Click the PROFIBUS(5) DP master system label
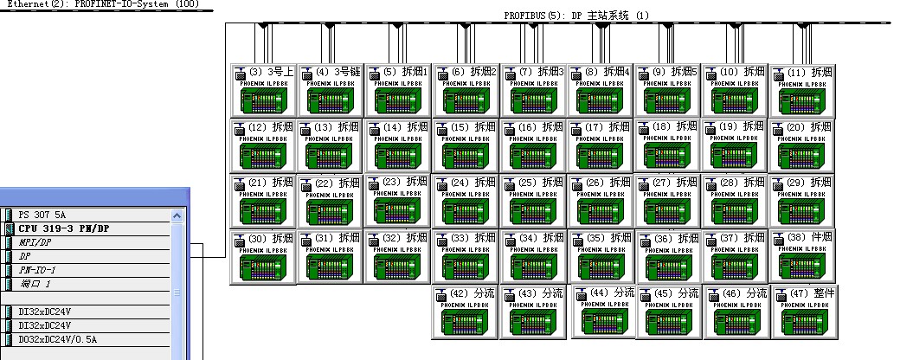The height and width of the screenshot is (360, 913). pyautogui.click(x=575, y=16)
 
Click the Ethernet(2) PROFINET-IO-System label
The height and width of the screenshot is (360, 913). pyautogui.click(x=100, y=4)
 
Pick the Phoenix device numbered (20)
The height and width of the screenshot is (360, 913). pyautogui.click(x=802, y=146)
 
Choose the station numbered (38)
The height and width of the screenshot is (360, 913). pyautogui.click(x=802, y=257)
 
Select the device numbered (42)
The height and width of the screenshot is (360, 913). pyautogui.click(x=465, y=313)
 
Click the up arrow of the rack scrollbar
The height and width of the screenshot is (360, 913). pyautogui.click(x=178, y=215)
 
